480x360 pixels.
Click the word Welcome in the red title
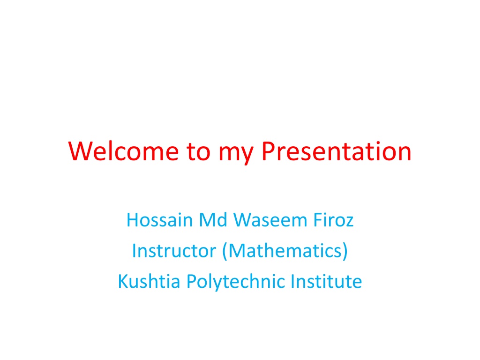tap(123, 151)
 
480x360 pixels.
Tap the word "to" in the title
tap(198, 151)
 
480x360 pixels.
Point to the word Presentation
tap(337, 151)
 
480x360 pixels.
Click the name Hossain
tap(159, 220)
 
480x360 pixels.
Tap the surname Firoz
tap(333, 220)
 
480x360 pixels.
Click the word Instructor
tap(174, 251)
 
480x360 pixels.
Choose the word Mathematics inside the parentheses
tap(285, 251)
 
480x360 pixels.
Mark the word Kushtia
tap(149, 281)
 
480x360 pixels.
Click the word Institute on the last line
tap(326, 281)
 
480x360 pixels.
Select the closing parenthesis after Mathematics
tap(345, 251)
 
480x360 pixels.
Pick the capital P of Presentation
tap(268, 151)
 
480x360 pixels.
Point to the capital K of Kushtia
tap(123, 281)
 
